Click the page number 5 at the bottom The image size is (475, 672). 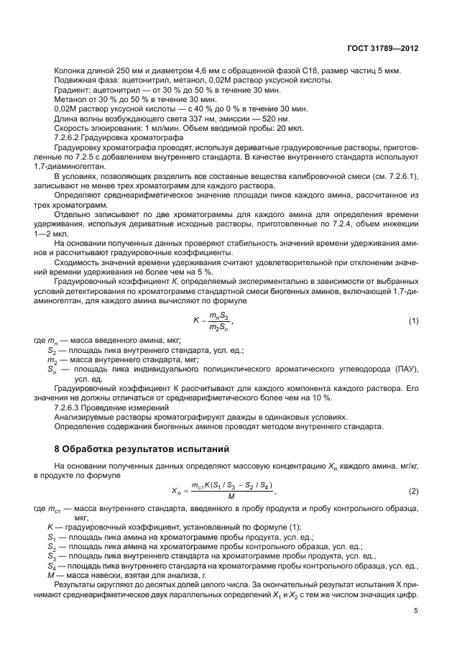[x=416, y=611]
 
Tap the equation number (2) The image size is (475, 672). [x=413, y=491]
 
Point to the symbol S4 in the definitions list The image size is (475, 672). [x=51, y=566]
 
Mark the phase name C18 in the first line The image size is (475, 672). [x=320, y=70]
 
